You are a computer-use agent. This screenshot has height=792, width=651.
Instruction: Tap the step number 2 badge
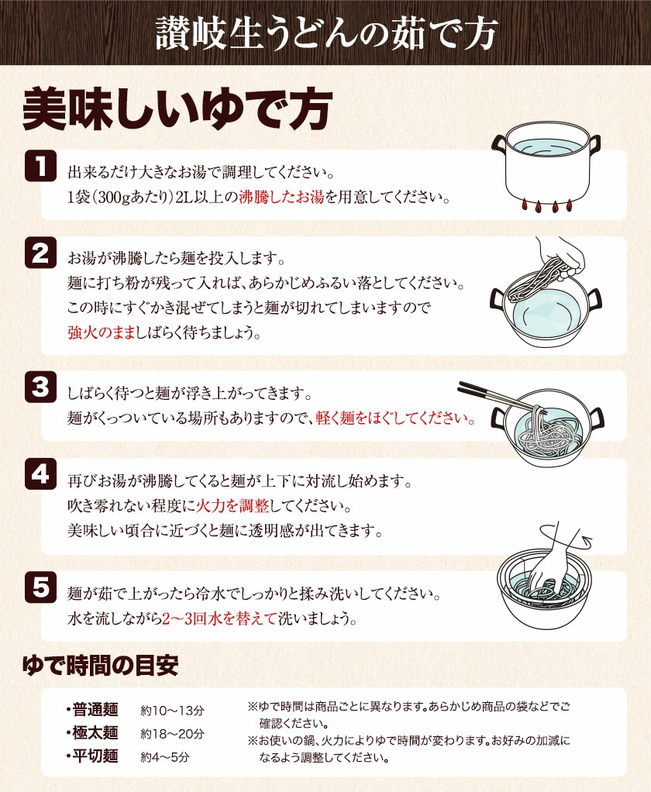(40, 253)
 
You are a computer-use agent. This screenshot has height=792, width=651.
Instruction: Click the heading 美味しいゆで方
(177, 109)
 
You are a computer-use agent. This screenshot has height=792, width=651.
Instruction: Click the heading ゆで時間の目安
(101, 665)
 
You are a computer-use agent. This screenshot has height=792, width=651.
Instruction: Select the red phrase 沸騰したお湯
(281, 197)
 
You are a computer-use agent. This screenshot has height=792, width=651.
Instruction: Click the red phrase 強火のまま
(101, 333)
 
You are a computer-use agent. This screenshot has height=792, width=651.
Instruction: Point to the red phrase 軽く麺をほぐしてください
(394, 418)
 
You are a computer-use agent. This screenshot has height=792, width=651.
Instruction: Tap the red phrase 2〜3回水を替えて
(219, 618)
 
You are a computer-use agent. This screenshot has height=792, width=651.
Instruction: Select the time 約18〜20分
(172, 733)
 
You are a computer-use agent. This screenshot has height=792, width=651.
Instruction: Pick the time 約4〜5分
(164, 756)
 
